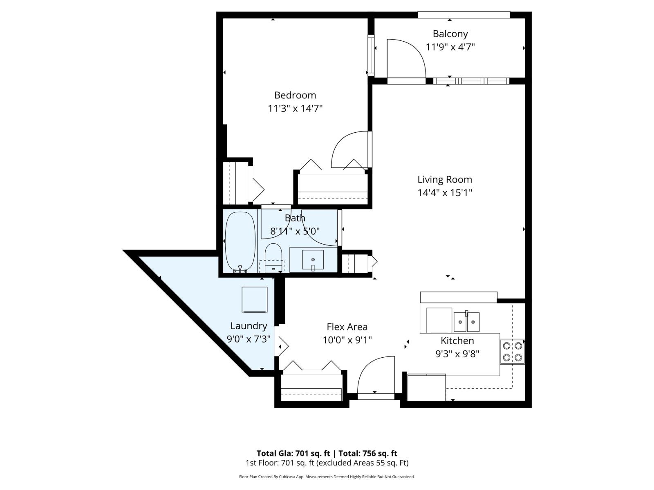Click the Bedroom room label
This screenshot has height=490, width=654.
click(x=295, y=95)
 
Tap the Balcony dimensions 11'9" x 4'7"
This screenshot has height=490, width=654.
click(x=450, y=47)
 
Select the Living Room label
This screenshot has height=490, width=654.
click(x=444, y=179)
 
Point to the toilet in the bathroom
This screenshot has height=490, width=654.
click(x=273, y=257)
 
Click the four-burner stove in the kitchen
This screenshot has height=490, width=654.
click(x=512, y=352)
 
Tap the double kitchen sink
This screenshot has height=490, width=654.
click(x=466, y=322)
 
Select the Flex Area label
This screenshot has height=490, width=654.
click(x=347, y=327)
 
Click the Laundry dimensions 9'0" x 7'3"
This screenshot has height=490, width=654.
click(x=249, y=339)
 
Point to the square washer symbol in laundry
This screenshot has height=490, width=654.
click(x=254, y=300)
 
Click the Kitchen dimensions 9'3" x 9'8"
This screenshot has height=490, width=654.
click(x=457, y=353)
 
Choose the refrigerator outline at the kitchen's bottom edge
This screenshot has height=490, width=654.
click(x=426, y=387)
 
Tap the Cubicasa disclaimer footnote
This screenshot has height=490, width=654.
click(x=327, y=477)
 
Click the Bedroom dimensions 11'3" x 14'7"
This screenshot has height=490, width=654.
click(x=295, y=109)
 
